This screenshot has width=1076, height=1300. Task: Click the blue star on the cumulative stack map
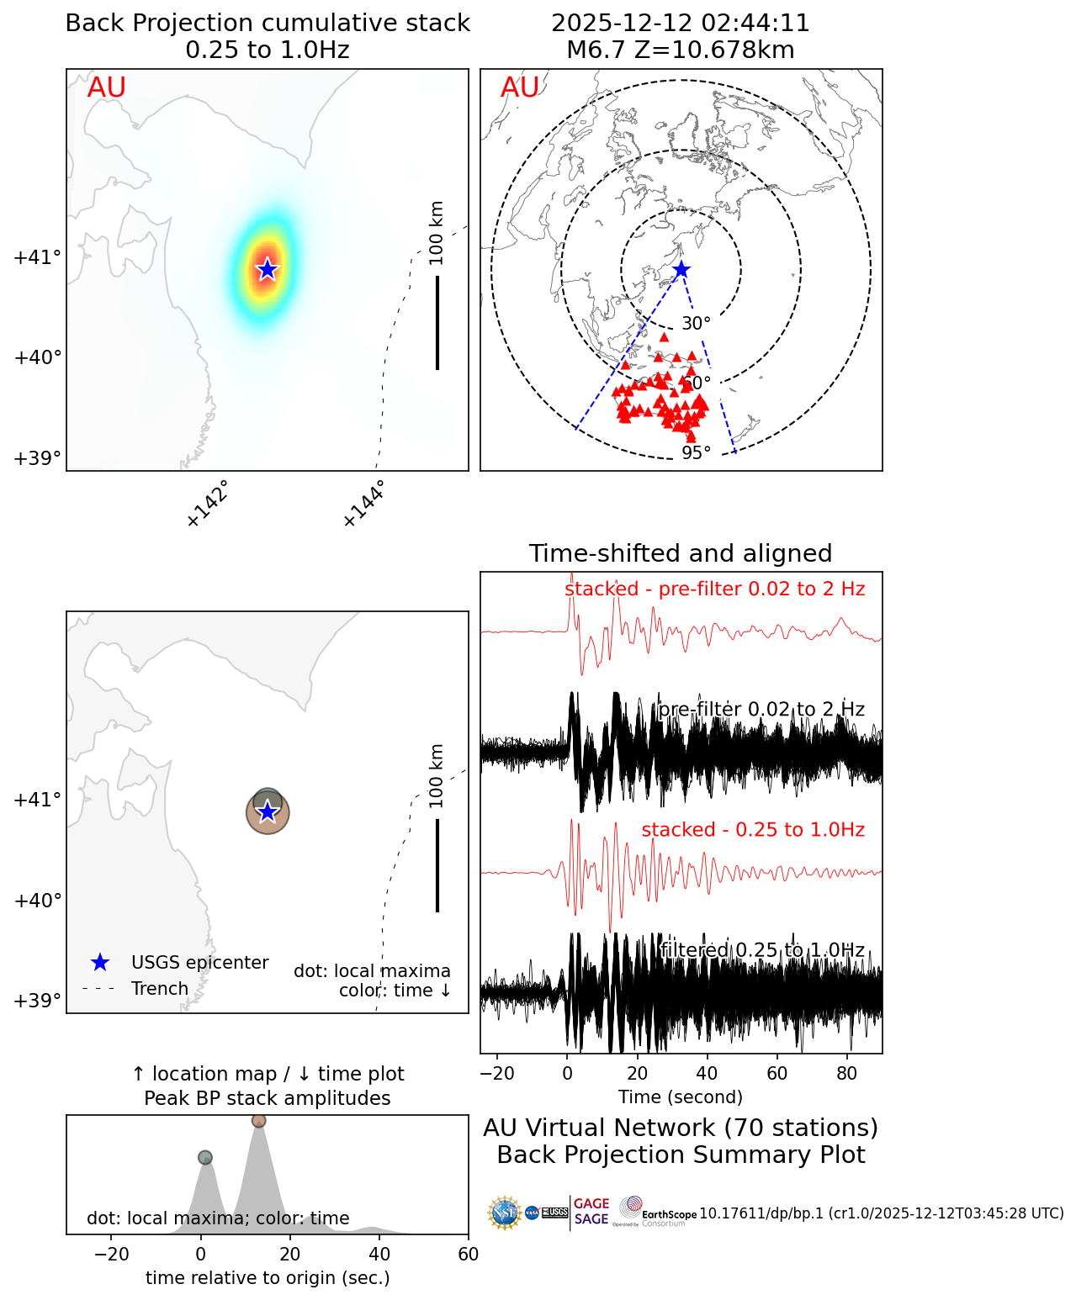tap(267, 269)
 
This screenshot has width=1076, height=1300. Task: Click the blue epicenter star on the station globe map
tap(681, 270)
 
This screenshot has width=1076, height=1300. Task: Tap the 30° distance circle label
tap(696, 324)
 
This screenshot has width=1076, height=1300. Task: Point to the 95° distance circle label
tap(696, 453)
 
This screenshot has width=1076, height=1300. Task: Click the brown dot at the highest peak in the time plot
tap(258, 1121)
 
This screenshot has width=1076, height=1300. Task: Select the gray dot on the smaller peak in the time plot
tap(205, 1158)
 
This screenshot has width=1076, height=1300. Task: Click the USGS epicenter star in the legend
tap(100, 963)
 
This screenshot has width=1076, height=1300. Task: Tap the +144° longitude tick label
tap(363, 504)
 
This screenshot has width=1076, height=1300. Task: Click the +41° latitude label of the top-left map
tap(38, 257)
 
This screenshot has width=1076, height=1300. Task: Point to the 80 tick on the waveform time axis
tap(847, 1073)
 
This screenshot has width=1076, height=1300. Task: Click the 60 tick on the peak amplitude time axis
tap(468, 1255)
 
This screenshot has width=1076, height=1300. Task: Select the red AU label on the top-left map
tap(107, 87)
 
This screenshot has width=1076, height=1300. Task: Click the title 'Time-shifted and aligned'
tap(681, 553)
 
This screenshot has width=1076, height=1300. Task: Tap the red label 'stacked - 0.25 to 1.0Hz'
tap(753, 830)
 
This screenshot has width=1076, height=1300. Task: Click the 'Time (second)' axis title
tap(681, 1097)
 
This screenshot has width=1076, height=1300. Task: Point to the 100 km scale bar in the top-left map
tap(437, 322)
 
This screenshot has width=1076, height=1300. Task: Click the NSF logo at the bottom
tap(505, 1213)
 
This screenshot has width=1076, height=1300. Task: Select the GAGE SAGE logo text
tap(591, 1212)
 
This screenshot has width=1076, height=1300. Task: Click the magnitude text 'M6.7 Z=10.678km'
tap(681, 50)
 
